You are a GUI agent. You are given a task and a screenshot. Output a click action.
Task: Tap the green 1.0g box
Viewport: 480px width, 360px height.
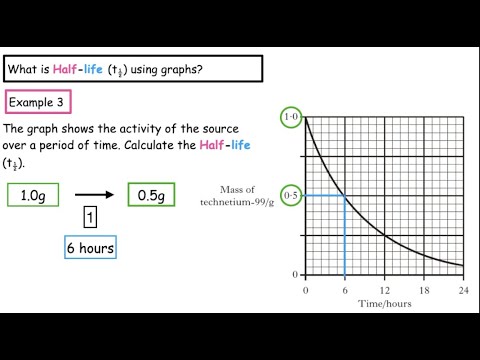(x=34, y=194)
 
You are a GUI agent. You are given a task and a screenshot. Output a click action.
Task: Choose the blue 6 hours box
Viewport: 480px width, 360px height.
(x=89, y=248)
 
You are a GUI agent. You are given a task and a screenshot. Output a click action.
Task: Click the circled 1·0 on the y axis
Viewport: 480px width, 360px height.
(x=291, y=118)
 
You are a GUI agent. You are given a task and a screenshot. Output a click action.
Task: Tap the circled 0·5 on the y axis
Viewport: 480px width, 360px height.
(x=291, y=195)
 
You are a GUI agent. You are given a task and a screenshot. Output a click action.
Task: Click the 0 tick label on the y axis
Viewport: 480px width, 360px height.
(x=294, y=273)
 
